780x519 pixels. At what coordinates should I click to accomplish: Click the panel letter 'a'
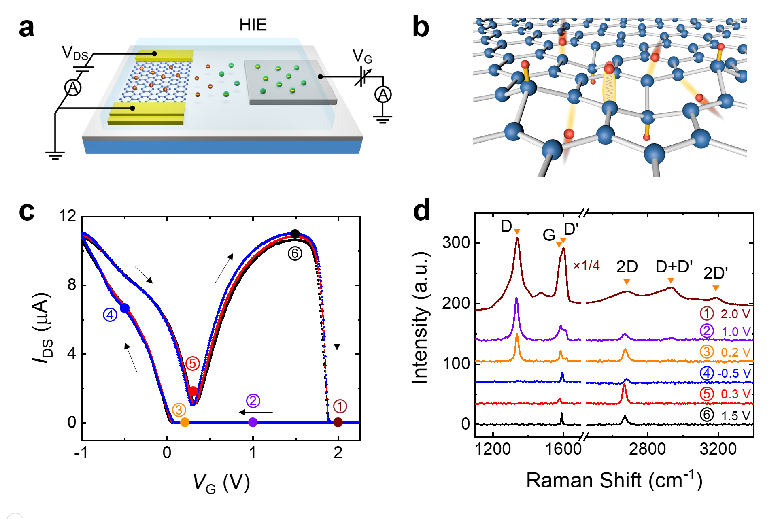[27, 28]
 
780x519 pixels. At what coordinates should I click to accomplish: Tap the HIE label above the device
[253, 25]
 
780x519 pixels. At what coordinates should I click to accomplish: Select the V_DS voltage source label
[75, 53]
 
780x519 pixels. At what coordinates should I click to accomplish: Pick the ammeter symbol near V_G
[383, 95]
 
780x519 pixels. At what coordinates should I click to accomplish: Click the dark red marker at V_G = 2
[338, 423]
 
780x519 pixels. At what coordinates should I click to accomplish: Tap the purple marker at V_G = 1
[253, 423]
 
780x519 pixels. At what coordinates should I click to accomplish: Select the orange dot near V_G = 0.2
[185, 423]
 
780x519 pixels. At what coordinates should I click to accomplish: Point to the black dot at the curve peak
[295, 234]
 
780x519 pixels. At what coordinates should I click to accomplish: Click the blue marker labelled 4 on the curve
[125, 308]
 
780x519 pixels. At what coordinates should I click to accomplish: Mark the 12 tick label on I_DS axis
[67, 216]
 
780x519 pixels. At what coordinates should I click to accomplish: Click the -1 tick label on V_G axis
[81, 453]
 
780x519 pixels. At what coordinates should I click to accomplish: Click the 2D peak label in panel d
[627, 267]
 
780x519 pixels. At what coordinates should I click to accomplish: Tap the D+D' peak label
[674, 267]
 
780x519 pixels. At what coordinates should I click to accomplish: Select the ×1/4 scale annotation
[586, 266]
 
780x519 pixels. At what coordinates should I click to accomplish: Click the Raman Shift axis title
[614, 481]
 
